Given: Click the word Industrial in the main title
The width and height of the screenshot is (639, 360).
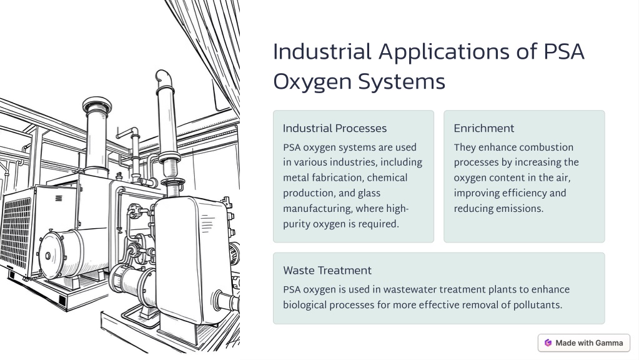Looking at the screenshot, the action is pyautogui.click(x=322, y=52).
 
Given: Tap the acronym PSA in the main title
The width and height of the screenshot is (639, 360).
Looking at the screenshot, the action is pyautogui.click(x=564, y=52).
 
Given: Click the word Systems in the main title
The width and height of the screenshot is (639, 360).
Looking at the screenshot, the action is pyautogui.click(x=402, y=81).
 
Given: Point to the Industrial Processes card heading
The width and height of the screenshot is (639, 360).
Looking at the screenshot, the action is pyautogui.click(x=335, y=128).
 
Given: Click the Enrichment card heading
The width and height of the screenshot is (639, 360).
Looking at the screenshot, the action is pyautogui.click(x=483, y=128).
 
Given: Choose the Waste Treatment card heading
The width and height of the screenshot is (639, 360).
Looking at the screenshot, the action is pyautogui.click(x=327, y=270).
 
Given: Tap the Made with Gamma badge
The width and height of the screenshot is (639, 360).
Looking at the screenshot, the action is pyautogui.click(x=584, y=343).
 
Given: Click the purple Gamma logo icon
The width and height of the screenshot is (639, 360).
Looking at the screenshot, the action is pyautogui.click(x=548, y=343).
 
